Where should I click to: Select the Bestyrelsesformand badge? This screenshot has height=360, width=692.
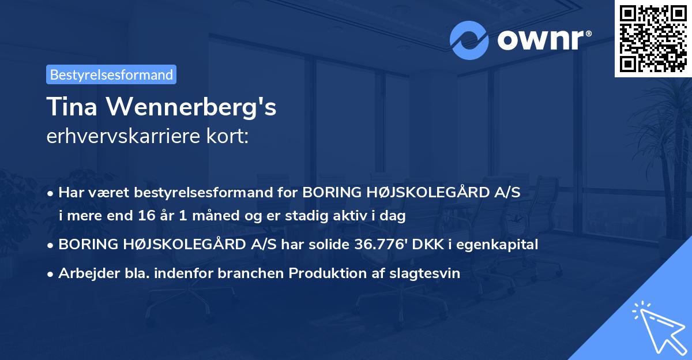tap(111, 74)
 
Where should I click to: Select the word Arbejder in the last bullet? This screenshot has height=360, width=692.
tap(82, 273)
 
